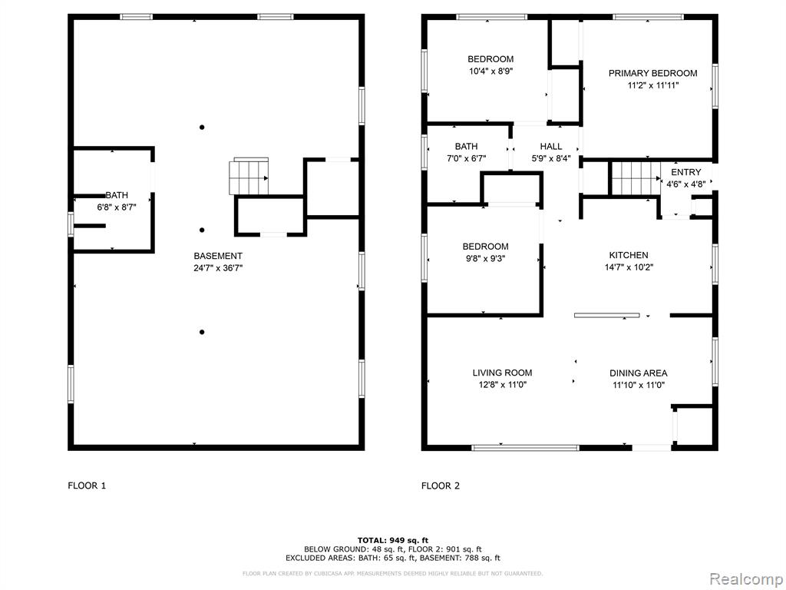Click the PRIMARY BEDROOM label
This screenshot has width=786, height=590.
(x=652, y=73)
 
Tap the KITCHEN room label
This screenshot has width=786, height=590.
(x=629, y=255)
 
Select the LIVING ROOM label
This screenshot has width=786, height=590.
(x=502, y=373)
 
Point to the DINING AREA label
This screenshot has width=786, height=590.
(x=638, y=373)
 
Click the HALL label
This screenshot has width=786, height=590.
(x=551, y=147)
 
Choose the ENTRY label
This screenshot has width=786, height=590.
(x=685, y=172)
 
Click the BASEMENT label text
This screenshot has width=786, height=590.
(x=218, y=256)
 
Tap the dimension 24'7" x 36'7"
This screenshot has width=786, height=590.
(x=218, y=268)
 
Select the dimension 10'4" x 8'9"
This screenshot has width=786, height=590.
(x=490, y=71)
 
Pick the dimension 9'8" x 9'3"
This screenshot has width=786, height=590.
(x=485, y=259)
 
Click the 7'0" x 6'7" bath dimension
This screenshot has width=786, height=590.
(x=466, y=159)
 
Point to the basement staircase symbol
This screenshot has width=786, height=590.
(x=249, y=176)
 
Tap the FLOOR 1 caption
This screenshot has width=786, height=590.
(x=87, y=486)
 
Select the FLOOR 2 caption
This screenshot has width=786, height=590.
(x=440, y=486)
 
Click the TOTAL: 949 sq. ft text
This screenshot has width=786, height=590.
(x=393, y=540)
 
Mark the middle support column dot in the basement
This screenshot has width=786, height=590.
(x=202, y=230)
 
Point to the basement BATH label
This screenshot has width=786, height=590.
(x=117, y=195)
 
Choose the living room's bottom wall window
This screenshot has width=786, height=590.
(x=525, y=448)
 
